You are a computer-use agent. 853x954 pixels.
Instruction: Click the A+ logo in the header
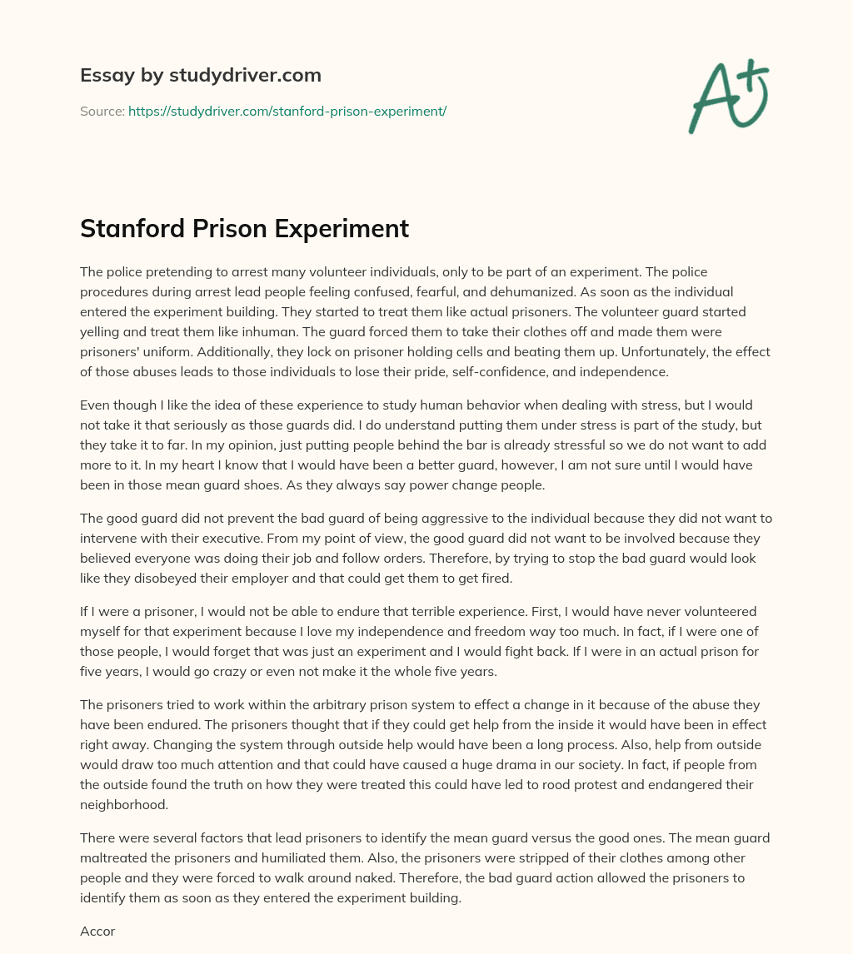click(728, 96)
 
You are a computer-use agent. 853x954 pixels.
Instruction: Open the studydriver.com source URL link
click(287, 111)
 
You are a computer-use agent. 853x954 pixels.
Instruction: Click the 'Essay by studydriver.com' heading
click(200, 75)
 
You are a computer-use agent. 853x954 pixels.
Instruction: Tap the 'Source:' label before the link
click(102, 111)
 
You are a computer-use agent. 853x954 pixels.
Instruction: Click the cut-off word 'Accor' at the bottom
click(97, 931)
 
